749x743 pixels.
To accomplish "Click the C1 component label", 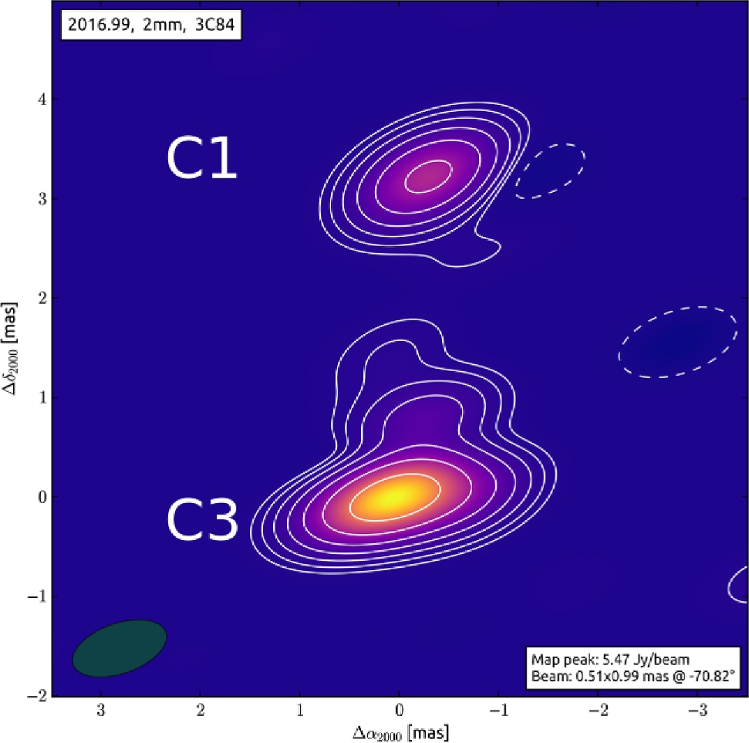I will [201, 160].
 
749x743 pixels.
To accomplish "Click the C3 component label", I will [202, 521].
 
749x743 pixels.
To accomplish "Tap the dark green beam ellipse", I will [120, 648].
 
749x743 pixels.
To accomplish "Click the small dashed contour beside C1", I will [550, 171].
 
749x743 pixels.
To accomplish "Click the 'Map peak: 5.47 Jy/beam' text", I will [609, 660].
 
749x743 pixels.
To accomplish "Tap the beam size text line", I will [633, 677].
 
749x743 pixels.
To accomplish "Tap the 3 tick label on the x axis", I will [101, 709].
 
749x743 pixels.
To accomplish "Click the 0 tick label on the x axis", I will [399, 709].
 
